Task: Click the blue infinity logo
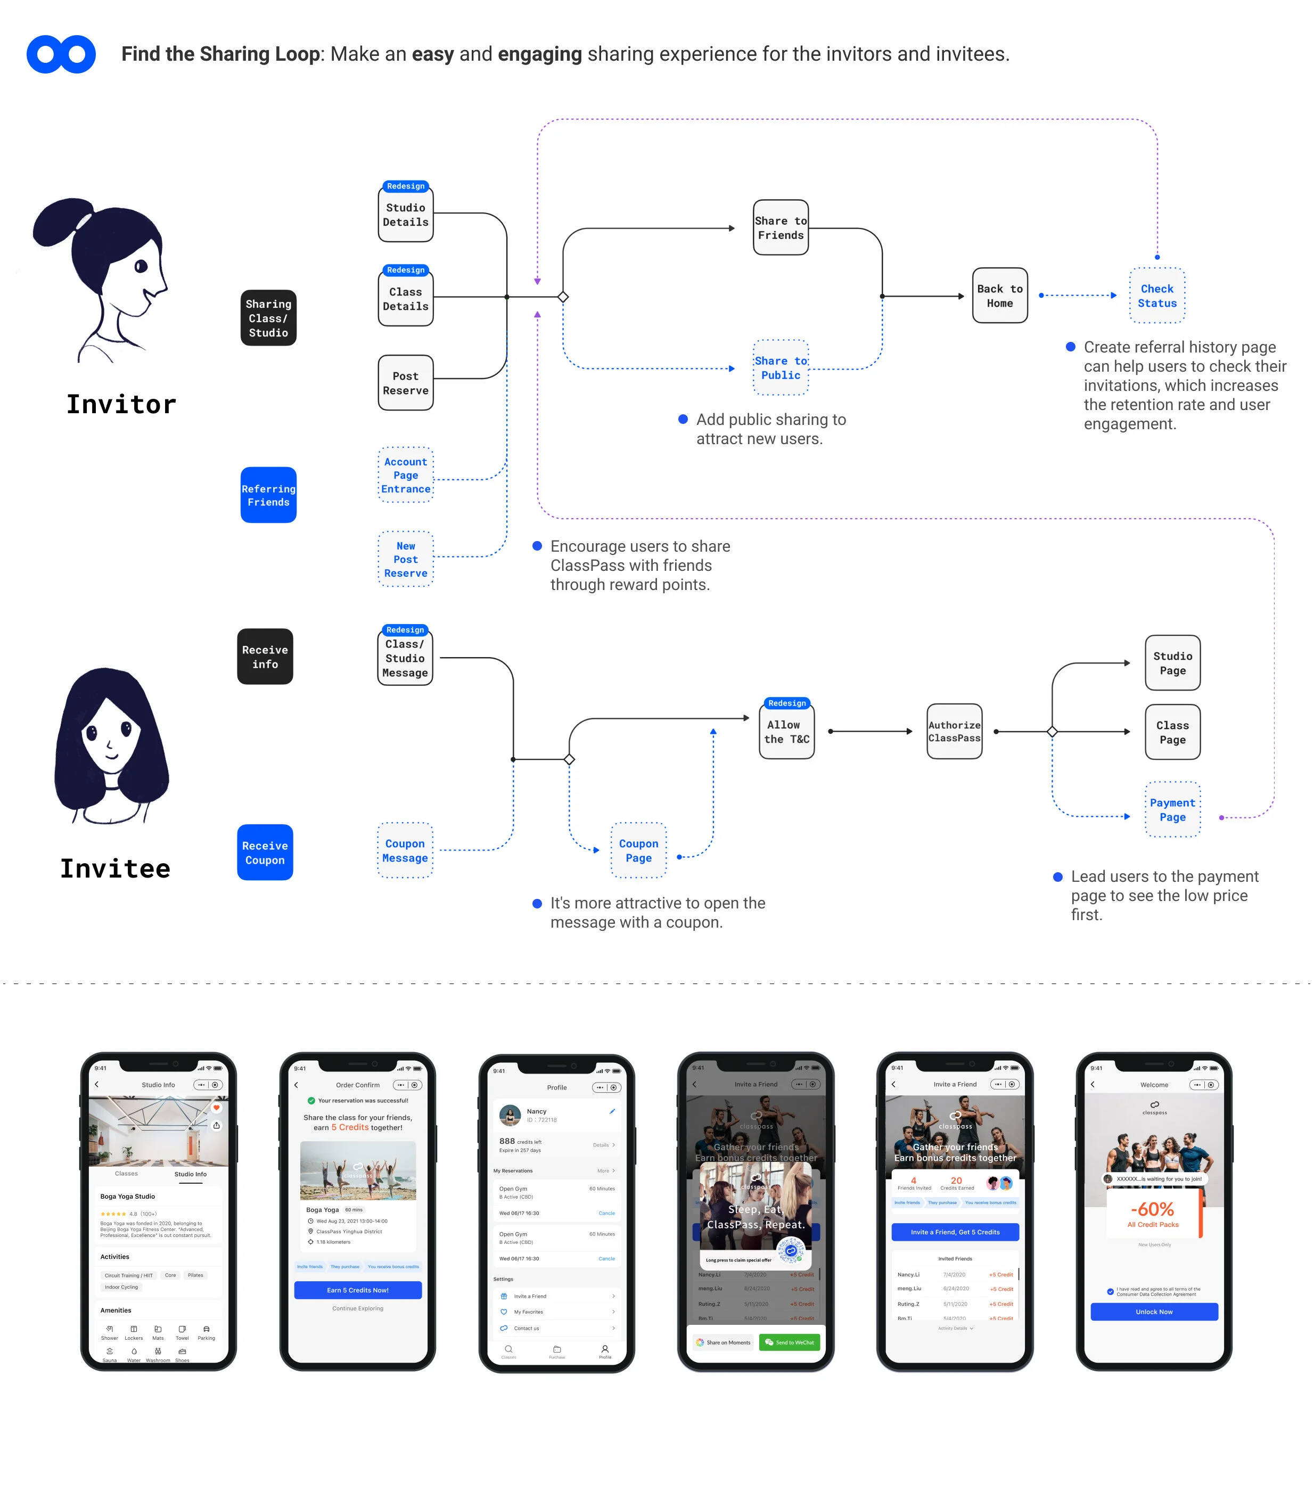click(x=61, y=54)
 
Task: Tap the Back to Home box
click(x=1000, y=296)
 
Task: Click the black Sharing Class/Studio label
click(x=268, y=318)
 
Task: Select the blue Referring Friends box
click(x=268, y=495)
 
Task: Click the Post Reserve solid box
click(x=405, y=383)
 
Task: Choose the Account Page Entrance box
click(x=405, y=475)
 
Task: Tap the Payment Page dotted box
click(x=1172, y=810)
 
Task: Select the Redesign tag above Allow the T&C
click(x=787, y=703)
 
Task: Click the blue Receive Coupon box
click(x=265, y=853)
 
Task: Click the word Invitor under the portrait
click(x=121, y=404)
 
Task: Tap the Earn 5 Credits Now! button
click(x=357, y=1290)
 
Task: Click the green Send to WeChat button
click(x=789, y=1342)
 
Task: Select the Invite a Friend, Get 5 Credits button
click(x=955, y=1232)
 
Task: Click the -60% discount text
click(x=1152, y=1209)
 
